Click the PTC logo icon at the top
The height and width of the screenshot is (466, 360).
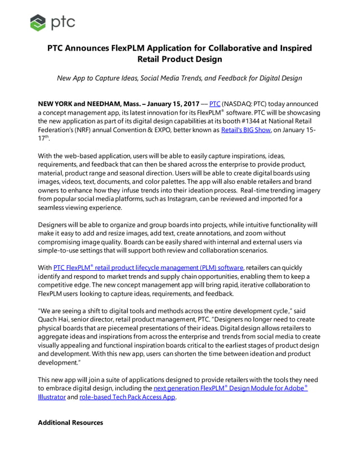39,23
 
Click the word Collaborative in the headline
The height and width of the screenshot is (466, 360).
235,48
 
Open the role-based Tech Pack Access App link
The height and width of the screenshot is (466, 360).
128,397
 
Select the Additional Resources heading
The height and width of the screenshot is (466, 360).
70,423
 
